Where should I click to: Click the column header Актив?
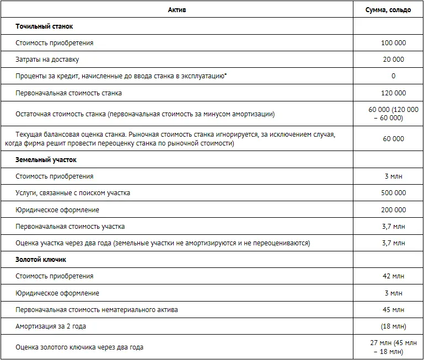(177, 10)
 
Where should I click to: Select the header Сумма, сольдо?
(388, 10)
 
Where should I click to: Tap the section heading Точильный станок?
(44, 26)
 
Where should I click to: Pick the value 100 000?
(393, 43)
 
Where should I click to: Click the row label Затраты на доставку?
(51, 60)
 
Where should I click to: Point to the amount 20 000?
(393, 60)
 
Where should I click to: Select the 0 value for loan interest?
(393, 76)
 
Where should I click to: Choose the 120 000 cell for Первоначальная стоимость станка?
(393, 93)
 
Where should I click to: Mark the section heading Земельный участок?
(46, 160)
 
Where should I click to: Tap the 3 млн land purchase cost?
(393, 176)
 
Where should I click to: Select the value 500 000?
(393, 193)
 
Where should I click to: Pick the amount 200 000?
(393, 210)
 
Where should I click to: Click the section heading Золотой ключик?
(41, 259)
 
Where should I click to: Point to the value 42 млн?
(393, 276)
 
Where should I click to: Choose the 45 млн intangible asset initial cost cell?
(393, 310)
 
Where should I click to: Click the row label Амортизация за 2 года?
(51, 326)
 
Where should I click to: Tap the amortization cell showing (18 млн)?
(393, 326)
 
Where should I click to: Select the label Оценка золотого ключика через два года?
(80, 347)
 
